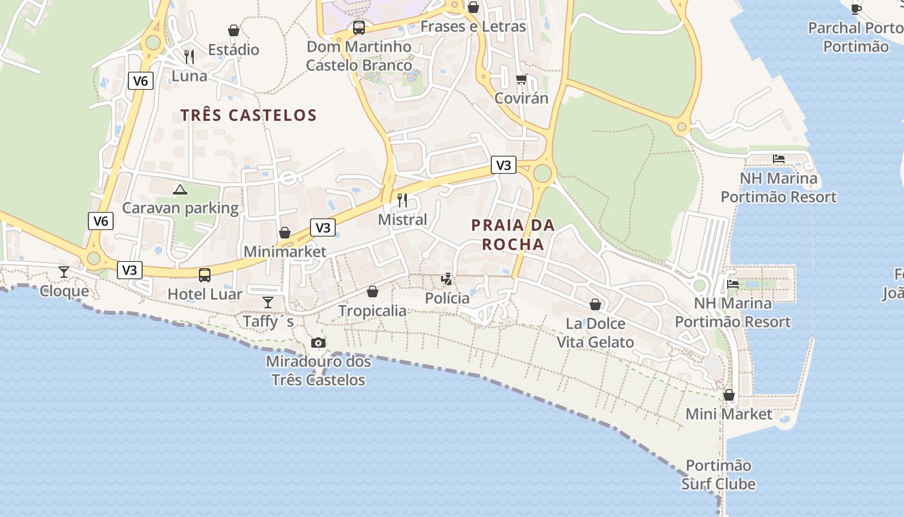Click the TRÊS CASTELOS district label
point(249,116)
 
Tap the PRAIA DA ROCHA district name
point(513,235)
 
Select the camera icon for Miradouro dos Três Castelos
point(318,343)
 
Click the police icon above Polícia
point(447,279)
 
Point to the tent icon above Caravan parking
point(180,189)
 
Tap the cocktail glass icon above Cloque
point(64,271)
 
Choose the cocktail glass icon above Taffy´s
point(268,302)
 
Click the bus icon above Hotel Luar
point(205,275)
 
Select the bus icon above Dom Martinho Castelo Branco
point(359,28)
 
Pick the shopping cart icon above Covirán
point(521,79)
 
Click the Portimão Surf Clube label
point(718,474)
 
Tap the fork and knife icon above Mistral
point(402,200)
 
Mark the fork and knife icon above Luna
point(189,57)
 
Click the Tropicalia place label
point(373,311)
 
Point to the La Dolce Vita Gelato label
point(595,333)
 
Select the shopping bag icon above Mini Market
point(729,394)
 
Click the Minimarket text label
point(285,251)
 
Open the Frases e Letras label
point(473,26)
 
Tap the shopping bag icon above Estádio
point(234,30)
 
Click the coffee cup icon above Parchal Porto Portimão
point(856,8)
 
